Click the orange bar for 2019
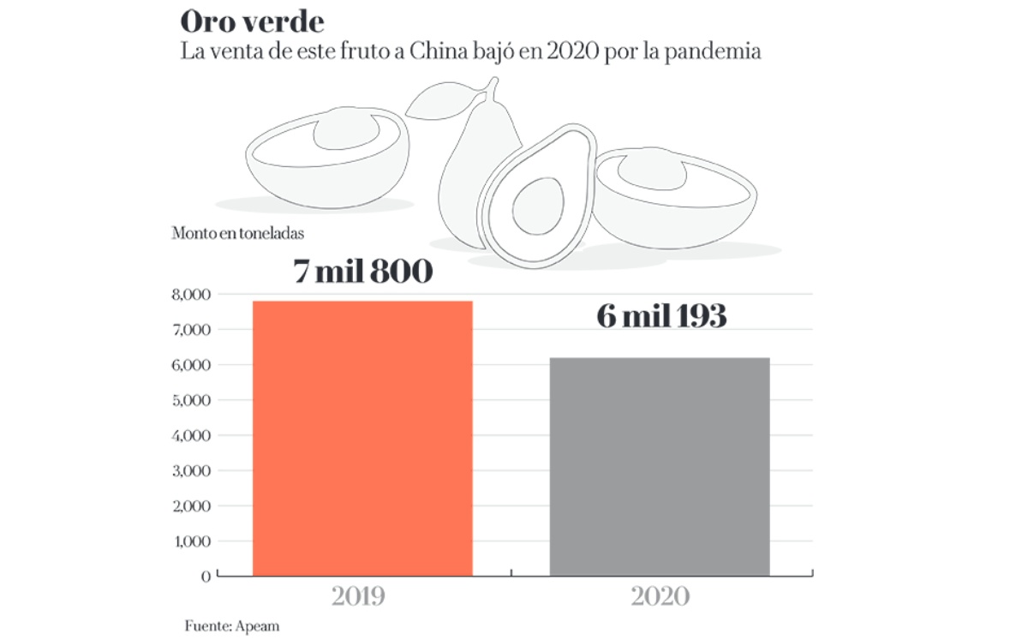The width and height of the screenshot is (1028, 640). pos(362,438)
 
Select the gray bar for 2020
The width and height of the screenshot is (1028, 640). pos(659,466)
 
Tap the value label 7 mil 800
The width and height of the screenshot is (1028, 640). pos(362,272)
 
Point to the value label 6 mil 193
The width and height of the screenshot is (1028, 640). pos(660,317)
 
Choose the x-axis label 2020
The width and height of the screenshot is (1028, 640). pos(660,596)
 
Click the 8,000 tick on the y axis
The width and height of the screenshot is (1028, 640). pos(191,295)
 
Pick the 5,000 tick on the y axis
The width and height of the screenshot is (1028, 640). pos(191,400)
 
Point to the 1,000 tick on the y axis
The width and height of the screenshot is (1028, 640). pos(191,541)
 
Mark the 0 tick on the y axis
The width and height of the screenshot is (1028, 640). pos(205,577)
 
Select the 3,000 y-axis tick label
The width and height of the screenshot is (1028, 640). pos(191,471)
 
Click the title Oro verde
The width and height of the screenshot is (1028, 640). pos(252,22)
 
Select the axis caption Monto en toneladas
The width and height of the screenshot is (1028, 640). pos(237,232)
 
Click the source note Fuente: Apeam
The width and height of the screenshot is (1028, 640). pos(231,625)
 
